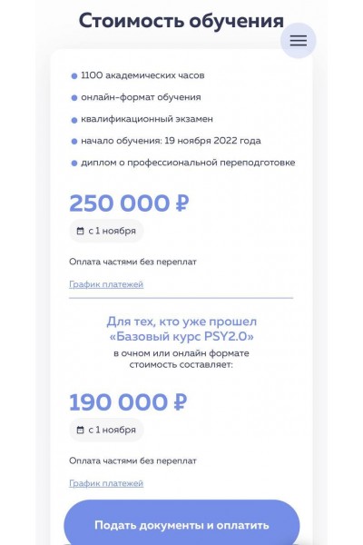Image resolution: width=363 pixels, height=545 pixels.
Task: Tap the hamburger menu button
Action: click(x=299, y=40)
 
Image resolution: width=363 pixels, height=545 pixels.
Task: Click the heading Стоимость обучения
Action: click(x=181, y=21)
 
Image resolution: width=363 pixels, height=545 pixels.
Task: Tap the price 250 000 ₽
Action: click(x=129, y=203)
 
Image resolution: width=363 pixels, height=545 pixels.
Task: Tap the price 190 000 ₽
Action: click(x=128, y=401)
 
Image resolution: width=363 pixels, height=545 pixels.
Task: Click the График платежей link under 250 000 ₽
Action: click(x=106, y=284)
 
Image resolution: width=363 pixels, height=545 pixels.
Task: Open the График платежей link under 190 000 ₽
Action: click(x=106, y=483)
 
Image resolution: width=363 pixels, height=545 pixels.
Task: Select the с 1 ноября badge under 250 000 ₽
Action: click(x=106, y=231)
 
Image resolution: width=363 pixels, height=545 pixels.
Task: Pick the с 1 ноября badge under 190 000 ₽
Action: click(x=106, y=430)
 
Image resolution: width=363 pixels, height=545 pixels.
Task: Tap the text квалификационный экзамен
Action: click(x=135, y=119)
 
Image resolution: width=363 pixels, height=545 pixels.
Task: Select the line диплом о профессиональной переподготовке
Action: click(x=188, y=163)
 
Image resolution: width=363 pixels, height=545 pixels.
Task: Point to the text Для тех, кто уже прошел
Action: click(x=181, y=322)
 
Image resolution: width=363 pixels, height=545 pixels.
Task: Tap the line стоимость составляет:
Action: click(x=181, y=364)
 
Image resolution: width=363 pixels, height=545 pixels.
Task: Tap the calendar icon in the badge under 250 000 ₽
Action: click(x=81, y=231)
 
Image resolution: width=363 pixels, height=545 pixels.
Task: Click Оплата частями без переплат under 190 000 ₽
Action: click(x=132, y=461)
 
